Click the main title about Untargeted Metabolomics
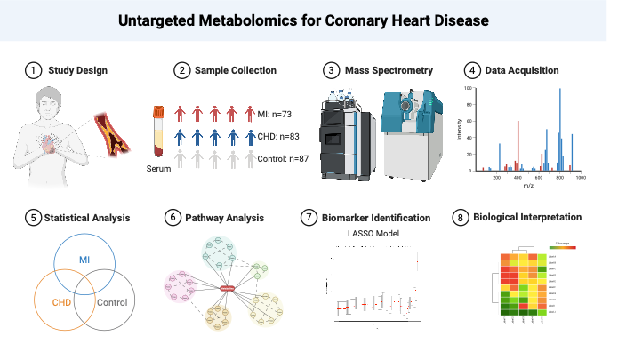317,20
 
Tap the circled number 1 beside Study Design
33,70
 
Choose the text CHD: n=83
279,137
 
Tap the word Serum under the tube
159,168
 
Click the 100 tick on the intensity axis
471,89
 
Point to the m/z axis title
527,184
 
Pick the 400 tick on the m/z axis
518,177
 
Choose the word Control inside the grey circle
112,302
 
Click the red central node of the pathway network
228,287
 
